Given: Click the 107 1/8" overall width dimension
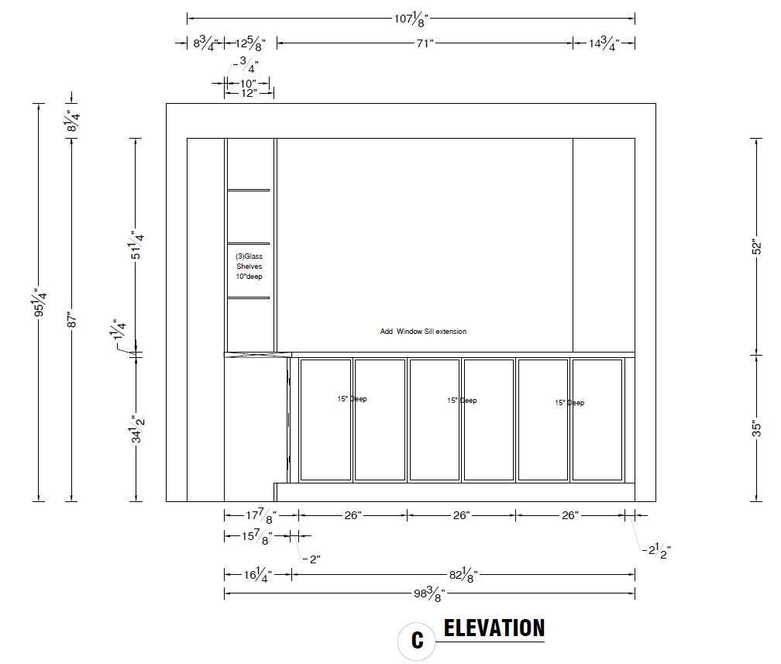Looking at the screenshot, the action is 411,19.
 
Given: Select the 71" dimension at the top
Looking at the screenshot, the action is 425,43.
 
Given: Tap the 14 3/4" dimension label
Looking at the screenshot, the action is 604,44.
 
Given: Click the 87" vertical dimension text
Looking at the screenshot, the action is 72,319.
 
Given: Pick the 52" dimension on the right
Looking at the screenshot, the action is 756,247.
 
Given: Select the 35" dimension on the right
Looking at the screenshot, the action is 756,429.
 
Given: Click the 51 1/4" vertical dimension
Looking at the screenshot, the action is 136,245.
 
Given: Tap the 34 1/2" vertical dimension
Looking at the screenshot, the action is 136,428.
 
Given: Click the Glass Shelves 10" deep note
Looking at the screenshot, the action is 249,266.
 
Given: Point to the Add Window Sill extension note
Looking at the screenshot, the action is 423,332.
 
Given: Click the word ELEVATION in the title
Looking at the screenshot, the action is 494,628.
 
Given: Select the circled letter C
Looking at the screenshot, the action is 418,641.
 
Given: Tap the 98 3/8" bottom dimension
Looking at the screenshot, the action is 429,593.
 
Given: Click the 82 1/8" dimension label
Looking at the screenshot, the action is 463,576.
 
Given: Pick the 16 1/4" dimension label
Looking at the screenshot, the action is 257,576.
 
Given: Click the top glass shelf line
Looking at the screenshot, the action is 249,190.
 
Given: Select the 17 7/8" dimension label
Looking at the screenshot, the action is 261,516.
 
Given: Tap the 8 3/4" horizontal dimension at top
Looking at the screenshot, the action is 205,44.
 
